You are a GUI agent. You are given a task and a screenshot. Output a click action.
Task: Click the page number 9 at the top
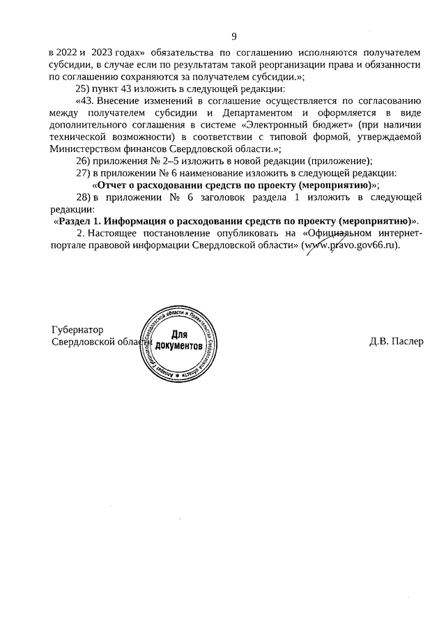(234, 36)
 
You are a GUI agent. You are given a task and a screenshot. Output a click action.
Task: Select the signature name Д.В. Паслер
(396, 342)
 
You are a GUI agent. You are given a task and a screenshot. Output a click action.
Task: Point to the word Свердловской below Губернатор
(89, 342)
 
